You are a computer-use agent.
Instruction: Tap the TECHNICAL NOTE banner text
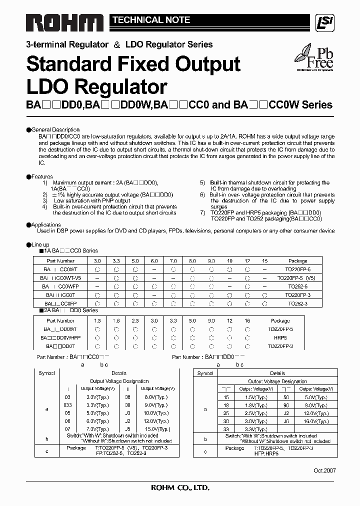(x=151, y=20)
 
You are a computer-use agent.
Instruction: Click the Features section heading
(x=41, y=176)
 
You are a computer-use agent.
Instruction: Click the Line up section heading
(x=40, y=244)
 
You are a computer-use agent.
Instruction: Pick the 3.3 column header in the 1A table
(x=116, y=261)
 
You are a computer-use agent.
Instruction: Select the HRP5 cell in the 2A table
(x=280, y=337)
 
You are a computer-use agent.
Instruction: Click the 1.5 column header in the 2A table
(x=97, y=320)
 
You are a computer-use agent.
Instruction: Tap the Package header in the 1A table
(x=298, y=261)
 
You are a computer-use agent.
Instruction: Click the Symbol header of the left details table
(x=47, y=373)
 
